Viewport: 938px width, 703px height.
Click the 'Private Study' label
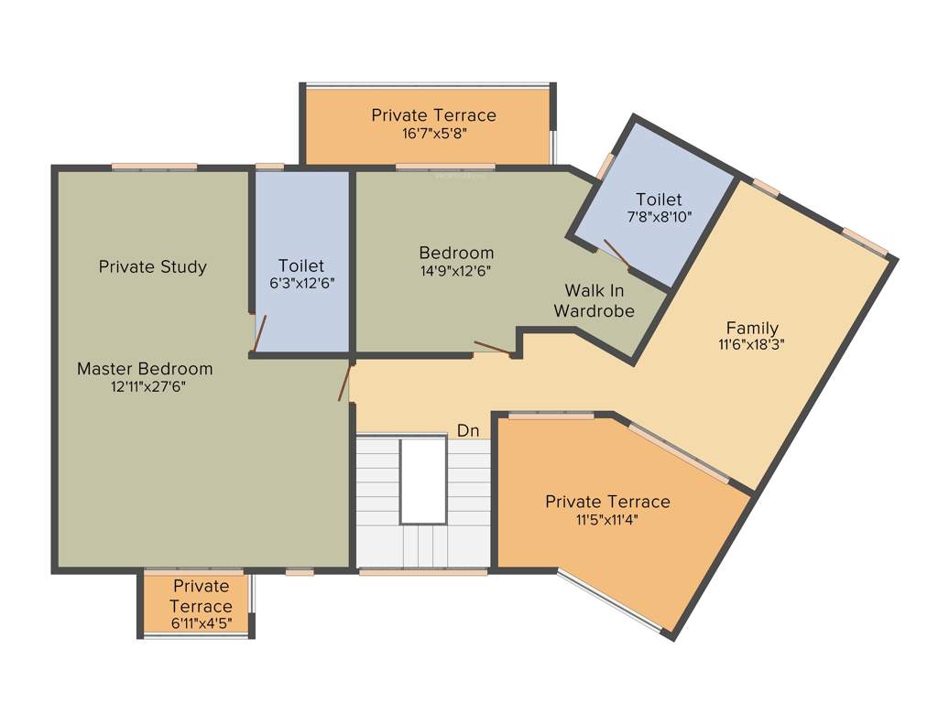(153, 267)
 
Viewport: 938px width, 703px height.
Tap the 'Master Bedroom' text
(145, 369)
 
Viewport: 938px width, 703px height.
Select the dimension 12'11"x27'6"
(145, 386)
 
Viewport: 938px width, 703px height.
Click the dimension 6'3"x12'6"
(302, 284)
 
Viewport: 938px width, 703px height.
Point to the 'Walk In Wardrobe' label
(594, 301)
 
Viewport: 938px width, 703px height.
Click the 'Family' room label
(752, 328)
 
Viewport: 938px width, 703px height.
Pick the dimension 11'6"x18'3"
(752, 345)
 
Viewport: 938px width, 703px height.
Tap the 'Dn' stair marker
(468, 431)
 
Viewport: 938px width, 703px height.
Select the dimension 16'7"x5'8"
(433, 133)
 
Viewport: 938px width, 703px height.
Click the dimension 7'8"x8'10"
(659, 217)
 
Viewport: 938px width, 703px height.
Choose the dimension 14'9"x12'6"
(456, 270)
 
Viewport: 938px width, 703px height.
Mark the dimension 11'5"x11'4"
(607, 519)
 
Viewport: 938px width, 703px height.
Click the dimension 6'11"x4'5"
(201, 623)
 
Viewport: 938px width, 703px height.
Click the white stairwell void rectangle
(423, 481)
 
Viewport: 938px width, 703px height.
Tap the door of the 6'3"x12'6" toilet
(260, 333)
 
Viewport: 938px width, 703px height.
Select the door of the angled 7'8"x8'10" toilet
(615, 254)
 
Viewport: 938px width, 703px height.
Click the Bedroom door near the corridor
(493, 348)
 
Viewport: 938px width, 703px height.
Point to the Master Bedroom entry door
(345, 384)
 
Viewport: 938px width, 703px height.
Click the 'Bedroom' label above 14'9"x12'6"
(456, 253)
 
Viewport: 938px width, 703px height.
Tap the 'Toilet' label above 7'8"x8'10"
(659, 200)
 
